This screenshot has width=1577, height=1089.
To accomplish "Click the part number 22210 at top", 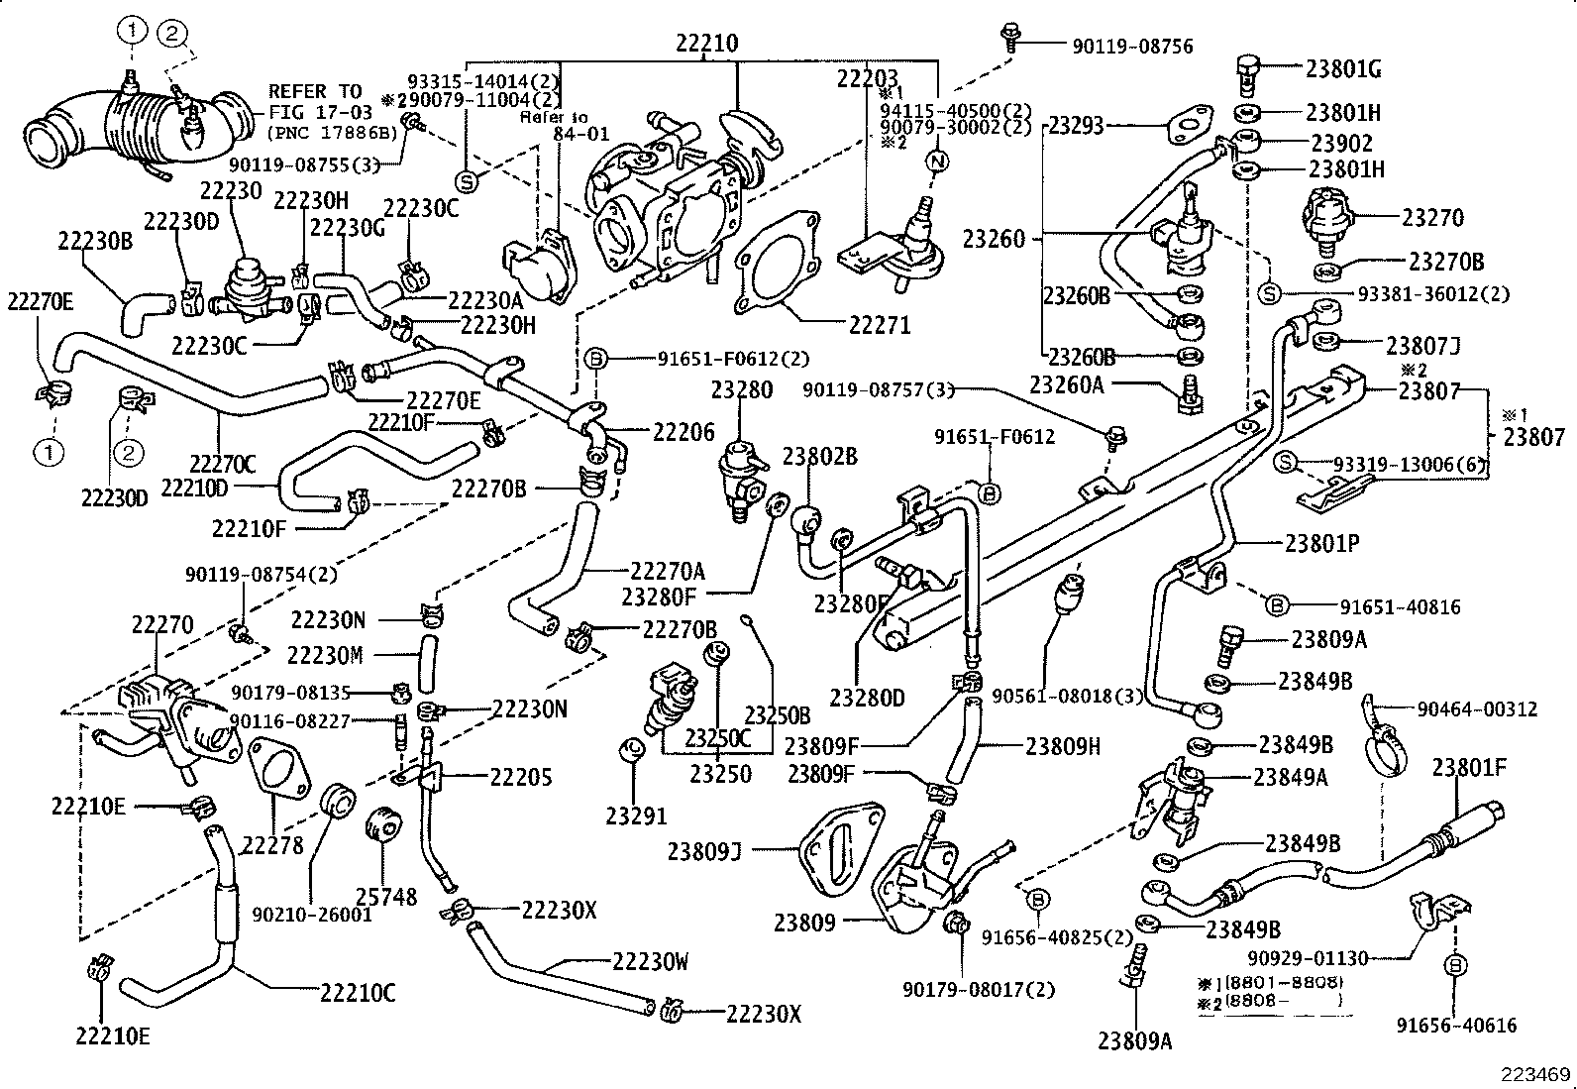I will pos(707,44).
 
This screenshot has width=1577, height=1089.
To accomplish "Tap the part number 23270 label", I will pos(1431,217).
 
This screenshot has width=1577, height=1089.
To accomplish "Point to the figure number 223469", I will pos(1535,1073).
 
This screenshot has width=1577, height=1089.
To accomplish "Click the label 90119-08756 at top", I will pos(1132,46).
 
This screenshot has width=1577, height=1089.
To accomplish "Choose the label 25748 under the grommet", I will pos(386,896).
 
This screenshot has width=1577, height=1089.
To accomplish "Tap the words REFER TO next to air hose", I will pos(315,91).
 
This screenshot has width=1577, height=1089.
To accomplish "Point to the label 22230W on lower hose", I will pos(650,961).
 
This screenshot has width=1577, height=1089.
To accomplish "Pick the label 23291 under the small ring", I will pos(636,816).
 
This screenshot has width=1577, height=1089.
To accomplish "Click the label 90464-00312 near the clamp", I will pos(1477,708).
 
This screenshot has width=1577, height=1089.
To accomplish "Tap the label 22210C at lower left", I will pos(357,992).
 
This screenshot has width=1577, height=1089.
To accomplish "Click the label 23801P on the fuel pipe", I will pos(1321,543).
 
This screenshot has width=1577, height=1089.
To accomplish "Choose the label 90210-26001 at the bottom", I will pos(311,915).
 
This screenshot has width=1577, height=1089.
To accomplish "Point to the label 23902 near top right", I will pos(1341,143).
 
